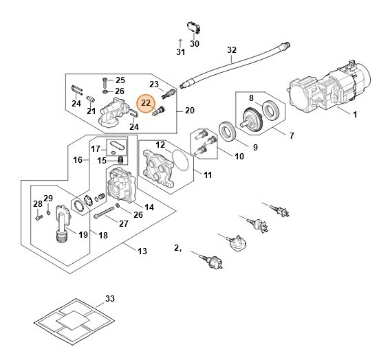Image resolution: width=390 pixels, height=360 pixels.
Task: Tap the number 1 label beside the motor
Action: [x=355, y=114]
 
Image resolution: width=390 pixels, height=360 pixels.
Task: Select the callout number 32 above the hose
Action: [x=231, y=50]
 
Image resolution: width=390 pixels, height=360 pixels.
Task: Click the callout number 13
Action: [x=142, y=251]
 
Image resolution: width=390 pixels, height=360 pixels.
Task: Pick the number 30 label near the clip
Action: [x=195, y=43]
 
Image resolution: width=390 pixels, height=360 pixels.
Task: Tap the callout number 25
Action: [x=120, y=80]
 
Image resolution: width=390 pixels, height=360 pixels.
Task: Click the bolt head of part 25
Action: [x=105, y=80]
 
